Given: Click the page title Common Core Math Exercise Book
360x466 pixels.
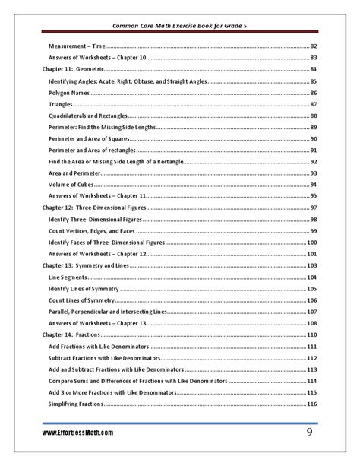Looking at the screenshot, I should (x=180, y=24).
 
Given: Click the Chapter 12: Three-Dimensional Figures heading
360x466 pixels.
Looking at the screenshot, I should (x=93, y=208).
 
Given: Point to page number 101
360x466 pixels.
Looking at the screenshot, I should (x=311, y=254).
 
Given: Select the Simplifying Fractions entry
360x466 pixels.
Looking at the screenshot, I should (x=76, y=404).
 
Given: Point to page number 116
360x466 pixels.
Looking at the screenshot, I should (x=311, y=404).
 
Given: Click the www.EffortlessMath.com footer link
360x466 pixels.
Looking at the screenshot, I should (x=78, y=433).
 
